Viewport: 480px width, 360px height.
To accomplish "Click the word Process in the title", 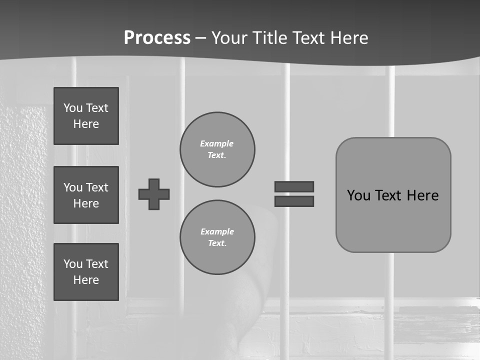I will click(x=157, y=38).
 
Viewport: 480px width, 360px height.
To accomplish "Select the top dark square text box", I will click(x=86, y=116).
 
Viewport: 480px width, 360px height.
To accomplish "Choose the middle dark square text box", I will click(x=86, y=195).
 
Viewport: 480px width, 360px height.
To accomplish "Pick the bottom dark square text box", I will click(x=86, y=272).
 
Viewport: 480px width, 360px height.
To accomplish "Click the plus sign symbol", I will click(x=154, y=194).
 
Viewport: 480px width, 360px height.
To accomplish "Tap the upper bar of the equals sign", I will click(x=294, y=186).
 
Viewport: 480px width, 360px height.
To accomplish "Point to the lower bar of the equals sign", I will click(x=294, y=201).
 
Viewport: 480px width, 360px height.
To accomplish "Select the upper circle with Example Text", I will click(x=217, y=149).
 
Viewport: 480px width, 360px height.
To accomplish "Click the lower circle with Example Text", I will click(x=217, y=237).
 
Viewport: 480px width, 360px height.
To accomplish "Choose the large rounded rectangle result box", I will click(x=393, y=195).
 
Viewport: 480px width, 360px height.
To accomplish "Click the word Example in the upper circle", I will click(x=217, y=143).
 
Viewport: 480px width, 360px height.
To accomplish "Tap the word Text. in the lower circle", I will click(x=217, y=243).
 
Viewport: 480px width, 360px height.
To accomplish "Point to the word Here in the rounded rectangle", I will click(x=422, y=195).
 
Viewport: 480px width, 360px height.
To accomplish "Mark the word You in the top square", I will click(x=72, y=108).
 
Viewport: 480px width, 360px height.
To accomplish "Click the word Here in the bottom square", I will click(x=86, y=280).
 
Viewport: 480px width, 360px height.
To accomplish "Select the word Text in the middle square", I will click(x=97, y=187).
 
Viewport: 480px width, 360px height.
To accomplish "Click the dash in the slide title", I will click(x=200, y=38).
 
